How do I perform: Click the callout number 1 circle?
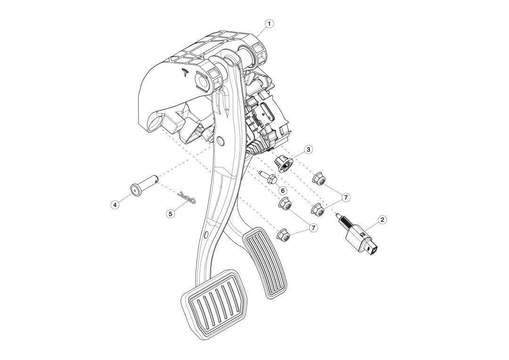(269, 24)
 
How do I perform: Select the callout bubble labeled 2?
(382, 220)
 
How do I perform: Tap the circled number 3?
(308, 149)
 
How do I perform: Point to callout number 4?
(114, 205)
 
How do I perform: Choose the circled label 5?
(170, 213)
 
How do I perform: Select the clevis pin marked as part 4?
(145, 185)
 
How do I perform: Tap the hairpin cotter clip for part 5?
(187, 198)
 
